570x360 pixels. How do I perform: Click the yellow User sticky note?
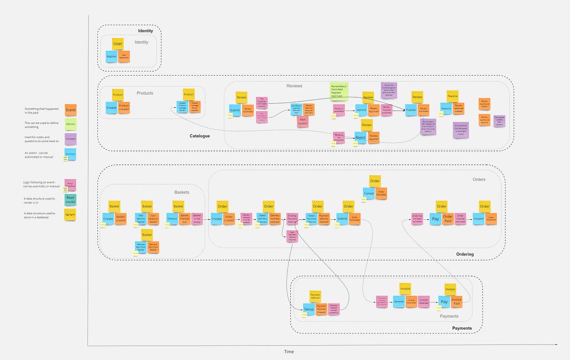tap(118, 44)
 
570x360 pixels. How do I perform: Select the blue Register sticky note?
tap(112, 57)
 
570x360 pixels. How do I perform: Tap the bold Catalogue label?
tap(199, 136)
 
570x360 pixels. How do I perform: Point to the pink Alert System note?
tap(302, 122)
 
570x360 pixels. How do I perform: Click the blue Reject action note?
tap(361, 138)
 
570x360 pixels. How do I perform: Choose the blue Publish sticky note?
tap(411, 110)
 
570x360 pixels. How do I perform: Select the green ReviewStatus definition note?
tap(339, 91)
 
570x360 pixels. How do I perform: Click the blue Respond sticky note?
tap(446, 109)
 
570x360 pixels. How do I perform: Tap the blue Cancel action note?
tap(369, 193)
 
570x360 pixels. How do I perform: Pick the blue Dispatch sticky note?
tap(479, 219)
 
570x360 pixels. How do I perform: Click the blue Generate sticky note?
tap(399, 301)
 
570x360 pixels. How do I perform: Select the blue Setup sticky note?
tap(309, 309)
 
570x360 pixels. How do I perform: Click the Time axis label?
tap(289, 352)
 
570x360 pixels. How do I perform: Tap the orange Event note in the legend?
tap(70, 110)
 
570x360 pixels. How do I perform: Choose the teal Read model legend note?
tap(70, 199)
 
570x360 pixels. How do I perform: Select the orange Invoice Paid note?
tap(456, 302)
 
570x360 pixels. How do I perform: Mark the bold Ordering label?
tap(465, 254)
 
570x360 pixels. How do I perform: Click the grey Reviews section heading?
tap(294, 86)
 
